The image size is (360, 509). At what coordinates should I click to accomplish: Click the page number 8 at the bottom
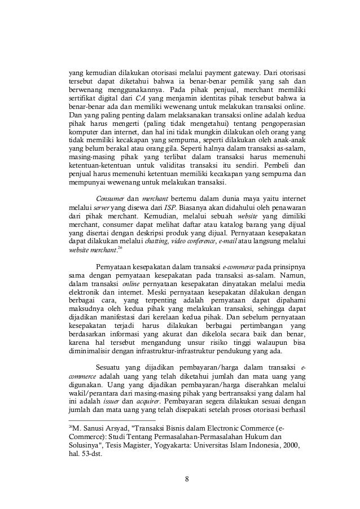[187, 480]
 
